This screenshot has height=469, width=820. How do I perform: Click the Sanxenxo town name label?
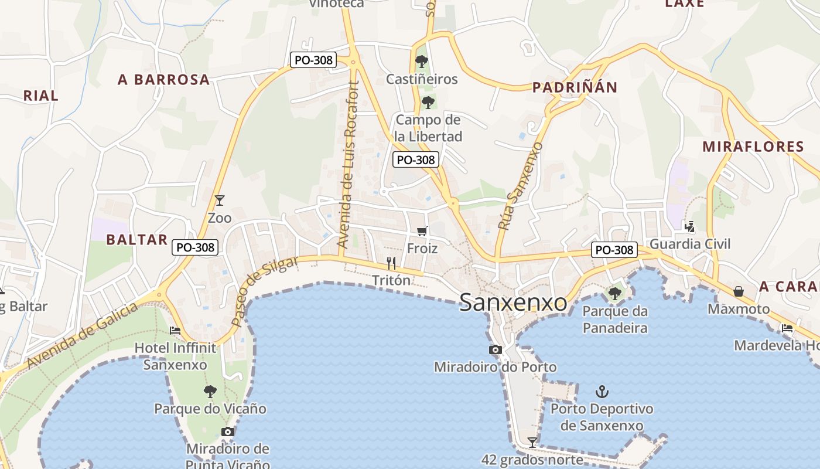(513, 303)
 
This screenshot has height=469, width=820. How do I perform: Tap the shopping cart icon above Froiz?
(422, 232)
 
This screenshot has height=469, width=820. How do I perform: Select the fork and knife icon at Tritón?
(391, 263)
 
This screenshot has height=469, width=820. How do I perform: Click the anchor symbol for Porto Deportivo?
(602, 391)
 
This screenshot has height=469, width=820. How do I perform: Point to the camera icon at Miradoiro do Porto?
(495, 350)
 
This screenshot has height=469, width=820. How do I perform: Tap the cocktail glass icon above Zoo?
(220, 200)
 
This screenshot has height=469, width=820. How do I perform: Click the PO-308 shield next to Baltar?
(196, 247)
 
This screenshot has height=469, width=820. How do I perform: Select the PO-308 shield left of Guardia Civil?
(614, 250)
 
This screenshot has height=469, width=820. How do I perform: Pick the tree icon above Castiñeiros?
(421, 61)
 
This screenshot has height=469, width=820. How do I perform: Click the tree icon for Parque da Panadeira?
(614, 293)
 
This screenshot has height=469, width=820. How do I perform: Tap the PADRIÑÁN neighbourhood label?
(575, 87)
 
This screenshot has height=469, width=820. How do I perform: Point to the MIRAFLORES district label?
(753, 147)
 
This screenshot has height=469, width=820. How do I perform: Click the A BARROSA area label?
(163, 80)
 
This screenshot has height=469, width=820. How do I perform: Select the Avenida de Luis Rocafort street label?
(349, 164)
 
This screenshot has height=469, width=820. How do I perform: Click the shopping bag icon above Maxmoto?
(739, 291)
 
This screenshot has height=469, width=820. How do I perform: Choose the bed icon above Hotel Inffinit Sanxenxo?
(175, 331)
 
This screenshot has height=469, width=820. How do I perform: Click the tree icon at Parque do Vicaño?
(210, 391)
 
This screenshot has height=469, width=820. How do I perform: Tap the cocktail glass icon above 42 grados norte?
(532, 442)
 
